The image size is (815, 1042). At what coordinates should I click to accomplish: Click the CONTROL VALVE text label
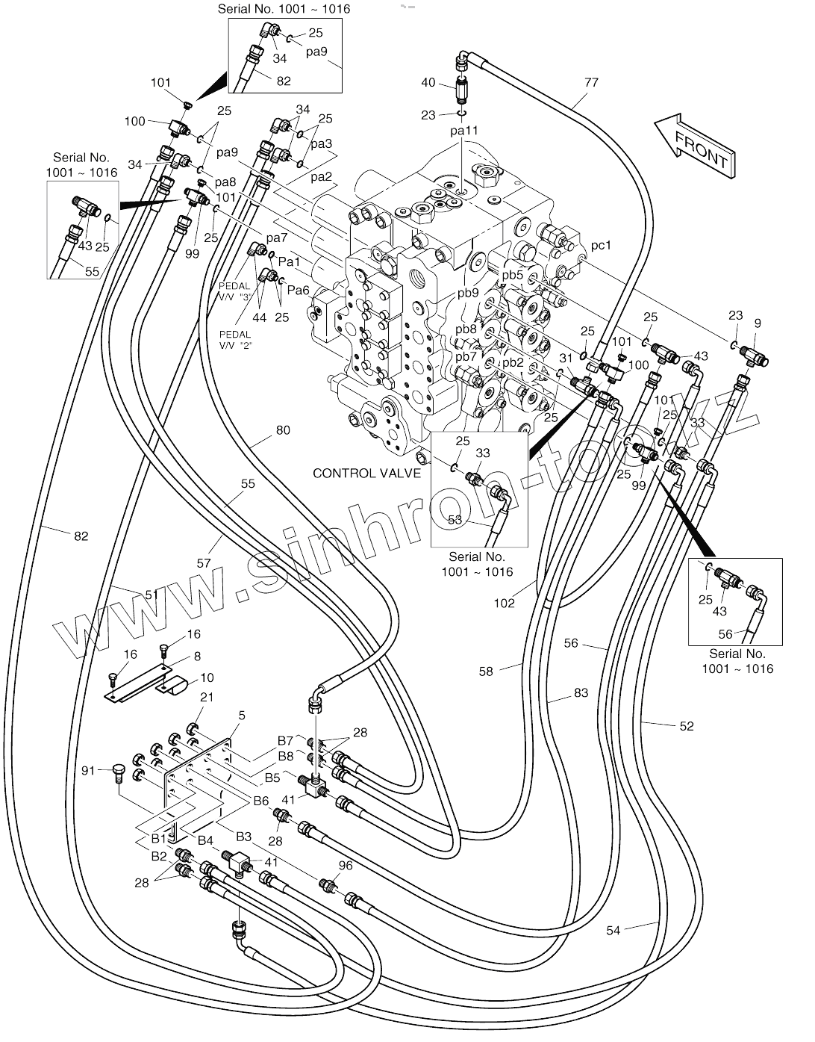(366, 473)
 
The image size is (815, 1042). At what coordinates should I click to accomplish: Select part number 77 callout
(591, 83)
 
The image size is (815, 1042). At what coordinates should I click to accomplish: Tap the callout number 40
(428, 83)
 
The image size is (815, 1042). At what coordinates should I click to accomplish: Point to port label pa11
(463, 130)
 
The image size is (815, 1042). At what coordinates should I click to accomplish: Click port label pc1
(601, 245)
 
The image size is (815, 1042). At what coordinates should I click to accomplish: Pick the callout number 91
(88, 770)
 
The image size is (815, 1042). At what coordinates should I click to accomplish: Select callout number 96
(345, 866)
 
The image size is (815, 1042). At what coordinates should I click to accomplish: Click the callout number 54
(613, 930)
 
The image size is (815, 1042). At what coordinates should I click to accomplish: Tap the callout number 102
(505, 602)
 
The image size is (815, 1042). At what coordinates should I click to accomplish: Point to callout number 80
(283, 430)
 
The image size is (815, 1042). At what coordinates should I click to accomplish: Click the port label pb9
(467, 293)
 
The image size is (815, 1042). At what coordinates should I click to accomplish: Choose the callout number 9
(758, 323)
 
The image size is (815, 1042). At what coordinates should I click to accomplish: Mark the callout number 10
(207, 677)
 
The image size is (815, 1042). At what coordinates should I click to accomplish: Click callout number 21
(207, 697)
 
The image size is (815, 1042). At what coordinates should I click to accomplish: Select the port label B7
(286, 740)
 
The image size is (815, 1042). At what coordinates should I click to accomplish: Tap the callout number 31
(564, 358)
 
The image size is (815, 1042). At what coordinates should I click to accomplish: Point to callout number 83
(581, 692)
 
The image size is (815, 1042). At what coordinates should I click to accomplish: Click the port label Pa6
(299, 291)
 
